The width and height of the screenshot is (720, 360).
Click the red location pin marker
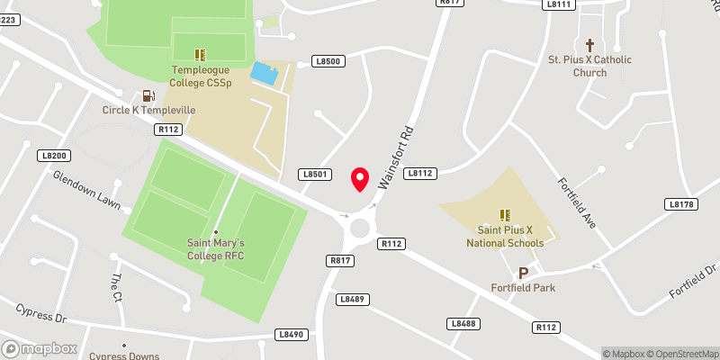coord(360,179)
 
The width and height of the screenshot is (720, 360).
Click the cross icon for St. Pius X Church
coord(590,44)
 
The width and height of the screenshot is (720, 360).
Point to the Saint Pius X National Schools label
coord(505,237)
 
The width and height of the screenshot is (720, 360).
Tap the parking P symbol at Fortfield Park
coord(522,273)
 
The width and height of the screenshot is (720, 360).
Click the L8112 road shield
coord(420,173)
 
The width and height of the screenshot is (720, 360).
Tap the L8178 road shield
coord(682,204)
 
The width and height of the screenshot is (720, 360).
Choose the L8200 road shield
coord(54,155)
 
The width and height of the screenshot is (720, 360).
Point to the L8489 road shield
coord(352,299)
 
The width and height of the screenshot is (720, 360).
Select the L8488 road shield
coord(463,323)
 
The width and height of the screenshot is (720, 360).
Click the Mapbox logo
coord(40,348)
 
